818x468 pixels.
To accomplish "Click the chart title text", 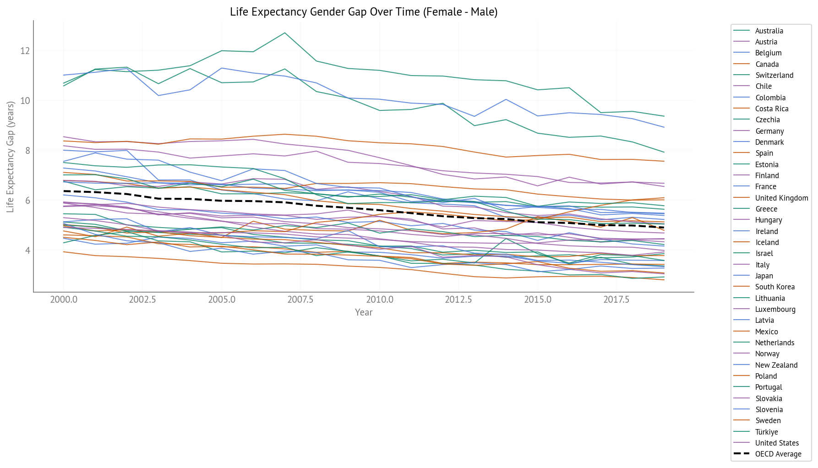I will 363,12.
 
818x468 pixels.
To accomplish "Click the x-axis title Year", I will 364,312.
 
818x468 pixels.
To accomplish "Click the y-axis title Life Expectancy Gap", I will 11,157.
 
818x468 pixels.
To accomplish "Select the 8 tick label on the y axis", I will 27,151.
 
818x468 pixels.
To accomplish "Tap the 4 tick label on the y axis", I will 27,250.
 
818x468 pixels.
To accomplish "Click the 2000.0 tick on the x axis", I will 64,300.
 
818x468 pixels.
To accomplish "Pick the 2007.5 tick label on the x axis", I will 300,300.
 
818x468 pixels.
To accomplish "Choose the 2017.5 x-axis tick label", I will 616,300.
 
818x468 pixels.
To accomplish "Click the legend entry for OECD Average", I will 778,454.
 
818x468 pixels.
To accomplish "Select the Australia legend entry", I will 769,31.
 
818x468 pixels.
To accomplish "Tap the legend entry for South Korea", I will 774,287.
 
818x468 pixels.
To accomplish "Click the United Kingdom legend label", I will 781,198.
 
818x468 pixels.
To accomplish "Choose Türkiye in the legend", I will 766,432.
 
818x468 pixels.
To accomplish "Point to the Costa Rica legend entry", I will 771,109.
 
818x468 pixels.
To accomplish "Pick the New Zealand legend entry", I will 776,365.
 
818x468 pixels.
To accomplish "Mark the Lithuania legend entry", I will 769,298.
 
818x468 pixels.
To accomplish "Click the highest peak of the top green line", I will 285,33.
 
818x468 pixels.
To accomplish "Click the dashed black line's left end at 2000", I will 64,191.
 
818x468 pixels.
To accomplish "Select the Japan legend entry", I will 763,276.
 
